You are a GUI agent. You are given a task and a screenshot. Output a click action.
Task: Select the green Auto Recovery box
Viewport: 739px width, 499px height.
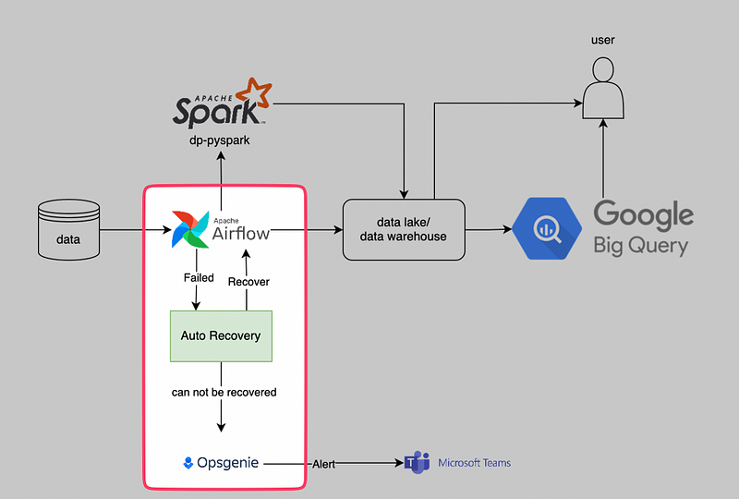221,335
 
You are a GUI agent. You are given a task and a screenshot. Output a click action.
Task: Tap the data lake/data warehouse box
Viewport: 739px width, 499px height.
406,228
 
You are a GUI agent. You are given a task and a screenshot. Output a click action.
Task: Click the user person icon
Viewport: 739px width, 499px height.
603,89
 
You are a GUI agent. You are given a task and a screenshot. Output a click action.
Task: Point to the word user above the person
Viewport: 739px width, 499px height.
603,40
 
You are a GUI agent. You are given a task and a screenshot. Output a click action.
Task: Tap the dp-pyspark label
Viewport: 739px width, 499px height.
221,140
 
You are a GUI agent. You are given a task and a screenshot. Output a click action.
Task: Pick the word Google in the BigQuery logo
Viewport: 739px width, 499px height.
643,215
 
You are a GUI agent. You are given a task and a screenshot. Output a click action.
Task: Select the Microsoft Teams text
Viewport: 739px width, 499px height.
474,463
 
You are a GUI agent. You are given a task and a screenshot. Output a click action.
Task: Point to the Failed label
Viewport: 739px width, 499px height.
199,277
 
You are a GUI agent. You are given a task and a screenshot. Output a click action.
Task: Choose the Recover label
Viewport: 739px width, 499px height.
248,281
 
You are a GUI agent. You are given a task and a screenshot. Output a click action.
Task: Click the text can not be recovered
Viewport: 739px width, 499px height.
224,392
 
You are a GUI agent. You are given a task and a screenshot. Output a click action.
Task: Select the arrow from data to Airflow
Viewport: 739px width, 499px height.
129,229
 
